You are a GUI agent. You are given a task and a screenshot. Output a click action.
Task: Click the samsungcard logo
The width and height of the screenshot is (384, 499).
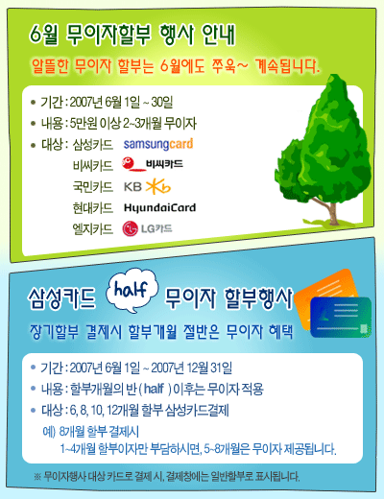[158, 144]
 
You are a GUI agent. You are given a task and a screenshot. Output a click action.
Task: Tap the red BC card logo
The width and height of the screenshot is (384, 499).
[132, 164]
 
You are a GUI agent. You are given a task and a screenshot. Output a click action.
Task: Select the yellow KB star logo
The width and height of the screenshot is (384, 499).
[158, 187]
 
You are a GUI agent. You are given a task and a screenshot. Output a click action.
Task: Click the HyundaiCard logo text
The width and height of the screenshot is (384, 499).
[159, 208]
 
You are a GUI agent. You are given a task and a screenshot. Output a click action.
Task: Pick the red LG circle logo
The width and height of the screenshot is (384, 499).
[130, 228]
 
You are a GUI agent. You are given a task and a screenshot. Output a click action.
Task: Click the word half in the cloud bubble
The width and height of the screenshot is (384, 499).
[132, 290]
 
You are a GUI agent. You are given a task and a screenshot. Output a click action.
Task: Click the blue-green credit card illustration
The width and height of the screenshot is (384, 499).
[341, 318]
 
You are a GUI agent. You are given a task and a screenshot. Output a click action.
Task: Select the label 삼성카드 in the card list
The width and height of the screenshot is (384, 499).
[93, 145]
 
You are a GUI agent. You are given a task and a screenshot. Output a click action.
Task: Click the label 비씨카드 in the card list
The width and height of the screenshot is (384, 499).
[93, 166]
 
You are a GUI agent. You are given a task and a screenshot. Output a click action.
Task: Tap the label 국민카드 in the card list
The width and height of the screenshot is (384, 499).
[93, 187]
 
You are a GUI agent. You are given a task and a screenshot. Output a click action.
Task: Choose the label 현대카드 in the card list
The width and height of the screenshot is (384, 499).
[93, 208]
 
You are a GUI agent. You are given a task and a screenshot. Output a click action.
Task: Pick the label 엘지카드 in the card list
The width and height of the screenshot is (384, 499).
[93, 229]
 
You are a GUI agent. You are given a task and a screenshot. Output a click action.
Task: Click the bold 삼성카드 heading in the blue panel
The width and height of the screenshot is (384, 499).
[62, 297]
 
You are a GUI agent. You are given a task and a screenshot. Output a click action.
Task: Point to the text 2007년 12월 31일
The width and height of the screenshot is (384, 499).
[191, 368]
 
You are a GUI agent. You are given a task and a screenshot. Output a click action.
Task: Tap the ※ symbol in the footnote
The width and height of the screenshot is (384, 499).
[37, 477]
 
